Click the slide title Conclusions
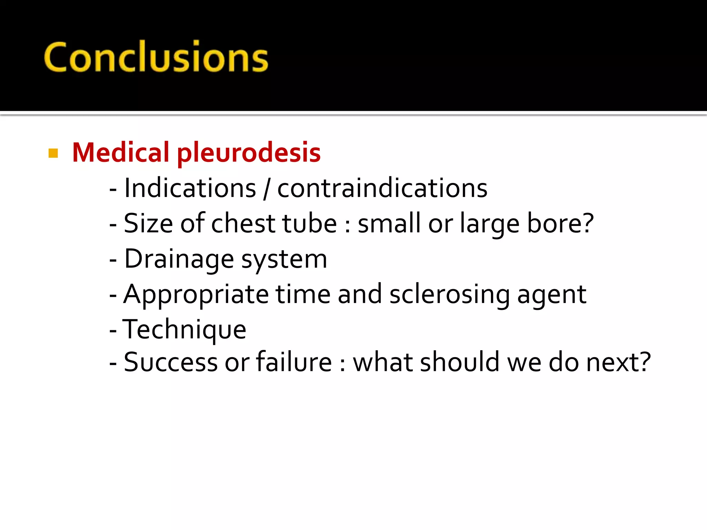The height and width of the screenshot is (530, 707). click(156, 57)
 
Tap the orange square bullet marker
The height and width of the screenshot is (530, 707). click(53, 153)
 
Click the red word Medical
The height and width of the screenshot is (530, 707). click(120, 153)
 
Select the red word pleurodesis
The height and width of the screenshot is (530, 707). click(249, 154)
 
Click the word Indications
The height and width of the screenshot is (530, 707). click(190, 188)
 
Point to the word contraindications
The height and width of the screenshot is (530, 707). click(382, 188)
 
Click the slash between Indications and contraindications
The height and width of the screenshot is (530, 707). click(266, 189)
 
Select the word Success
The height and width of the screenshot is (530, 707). click(171, 362)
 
